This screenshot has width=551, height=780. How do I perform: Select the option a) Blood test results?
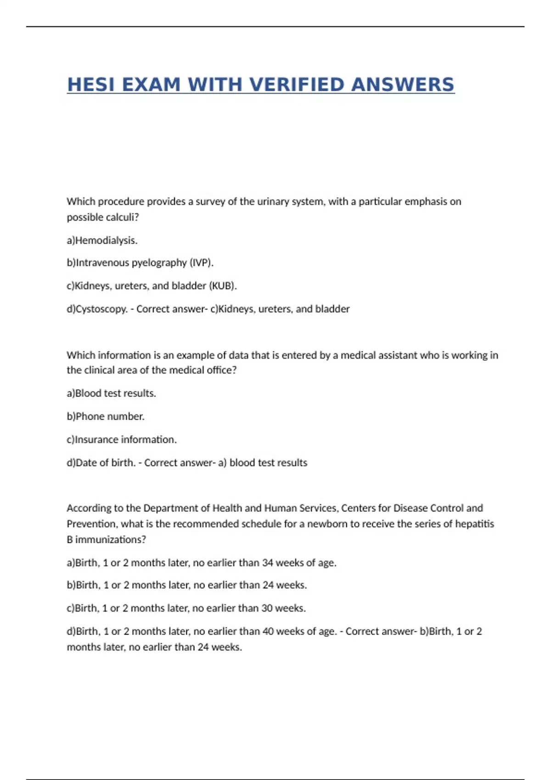111,394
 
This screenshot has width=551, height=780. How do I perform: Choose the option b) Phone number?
106,417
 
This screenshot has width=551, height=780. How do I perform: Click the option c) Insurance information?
122,440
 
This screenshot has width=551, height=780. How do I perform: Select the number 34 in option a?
268,563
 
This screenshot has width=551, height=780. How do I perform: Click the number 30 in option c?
267,608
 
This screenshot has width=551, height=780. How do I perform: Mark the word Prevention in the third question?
91,524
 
